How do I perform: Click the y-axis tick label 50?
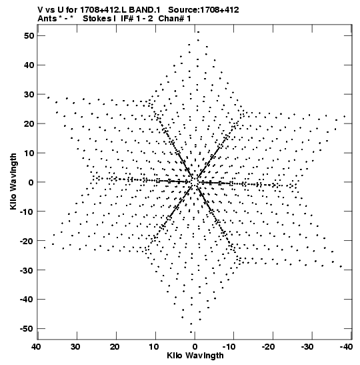tap(29, 36)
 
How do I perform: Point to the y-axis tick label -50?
tap(27, 329)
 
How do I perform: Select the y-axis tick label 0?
tap(31, 182)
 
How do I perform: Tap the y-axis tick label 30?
tap(29, 95)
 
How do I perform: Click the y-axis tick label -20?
tap(27, 241)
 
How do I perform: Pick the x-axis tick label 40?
tap(37, 347)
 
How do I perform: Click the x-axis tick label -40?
tap(346, 347)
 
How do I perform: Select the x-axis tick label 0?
tap(195, 347)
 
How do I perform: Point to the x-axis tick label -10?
tap(229, 347)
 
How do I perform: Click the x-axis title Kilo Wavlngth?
tap(195, 356)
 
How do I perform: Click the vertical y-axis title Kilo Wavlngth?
tap(13, 181)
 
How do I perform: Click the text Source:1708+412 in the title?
tap(203, 10)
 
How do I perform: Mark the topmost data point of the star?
tap(198, 32)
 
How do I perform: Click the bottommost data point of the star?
tap(191, 332)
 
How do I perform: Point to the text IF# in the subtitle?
tap(127, 19)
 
